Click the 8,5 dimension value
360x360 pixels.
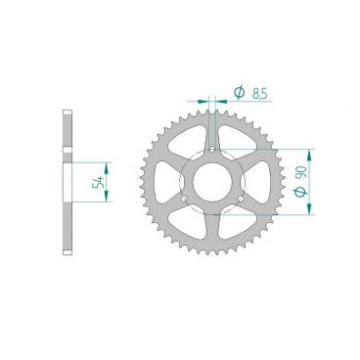pos(260,94)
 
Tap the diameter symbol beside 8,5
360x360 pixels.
pos(239,93)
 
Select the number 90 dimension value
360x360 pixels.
pos(301,172)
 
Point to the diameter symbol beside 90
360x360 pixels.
pos(300,192)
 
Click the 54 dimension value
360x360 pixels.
pos(99,182)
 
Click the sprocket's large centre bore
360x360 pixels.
pos(212,182)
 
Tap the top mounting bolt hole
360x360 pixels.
pos(212,150)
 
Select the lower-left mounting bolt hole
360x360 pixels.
pos(184,199)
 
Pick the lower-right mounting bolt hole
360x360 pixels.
pos(241,199)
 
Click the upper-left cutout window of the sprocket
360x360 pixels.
pos(188,139)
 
